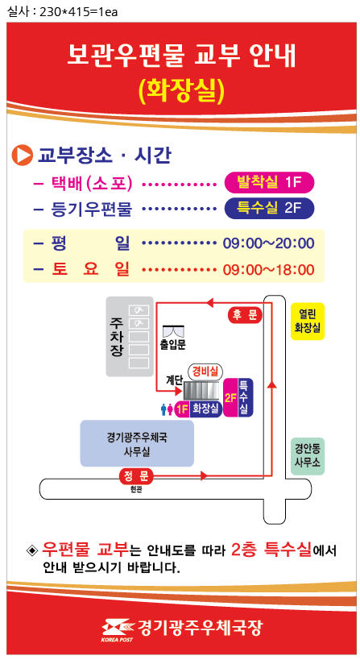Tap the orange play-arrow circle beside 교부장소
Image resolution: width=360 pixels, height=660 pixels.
click(23, 156)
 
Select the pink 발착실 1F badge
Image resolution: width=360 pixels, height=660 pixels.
click(270, 182)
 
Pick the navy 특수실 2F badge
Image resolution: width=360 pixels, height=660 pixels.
click(270, 208)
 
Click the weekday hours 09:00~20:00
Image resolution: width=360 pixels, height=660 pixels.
click(268, 243)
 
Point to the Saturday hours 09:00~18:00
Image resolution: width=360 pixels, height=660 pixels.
click(268, 269)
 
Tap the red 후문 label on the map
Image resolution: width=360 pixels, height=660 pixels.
click(245, 315)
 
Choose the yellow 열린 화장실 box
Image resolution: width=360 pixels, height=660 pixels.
click(308, 321)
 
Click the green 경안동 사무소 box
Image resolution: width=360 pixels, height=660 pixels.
click(308, 457)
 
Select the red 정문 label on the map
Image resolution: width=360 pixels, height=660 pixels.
click(136, 476)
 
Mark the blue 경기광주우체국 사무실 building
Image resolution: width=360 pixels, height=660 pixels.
click(137, 444)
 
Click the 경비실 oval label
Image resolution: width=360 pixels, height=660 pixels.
click(205, 372)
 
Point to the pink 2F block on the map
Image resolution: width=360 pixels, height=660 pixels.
click(231, 398)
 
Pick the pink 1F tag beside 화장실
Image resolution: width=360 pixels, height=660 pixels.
click(182, 409)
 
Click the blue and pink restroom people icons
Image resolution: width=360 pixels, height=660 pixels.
click(167, 409)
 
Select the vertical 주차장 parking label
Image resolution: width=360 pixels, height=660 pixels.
click(116, 337)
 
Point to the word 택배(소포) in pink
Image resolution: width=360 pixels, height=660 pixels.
click(92, 183)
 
